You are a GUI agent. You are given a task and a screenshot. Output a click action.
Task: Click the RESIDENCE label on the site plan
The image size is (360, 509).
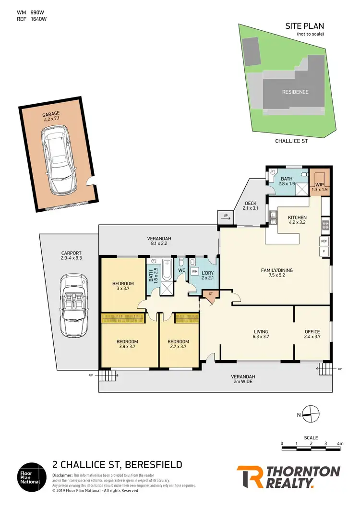(x=295, y=92)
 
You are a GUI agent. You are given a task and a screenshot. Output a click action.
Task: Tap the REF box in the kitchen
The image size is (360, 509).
(x=324, y=241)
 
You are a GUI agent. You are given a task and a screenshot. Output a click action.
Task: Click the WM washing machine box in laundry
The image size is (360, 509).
(x=194, y=272)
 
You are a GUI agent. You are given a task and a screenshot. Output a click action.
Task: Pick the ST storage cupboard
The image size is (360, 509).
(x=210, y=293)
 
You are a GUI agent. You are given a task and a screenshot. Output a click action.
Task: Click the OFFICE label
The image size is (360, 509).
(x=312, y=332)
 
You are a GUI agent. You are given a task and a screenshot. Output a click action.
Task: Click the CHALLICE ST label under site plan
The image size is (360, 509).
(x=291, y=141)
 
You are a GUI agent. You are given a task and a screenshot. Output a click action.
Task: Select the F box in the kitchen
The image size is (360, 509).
(x=324, y=251)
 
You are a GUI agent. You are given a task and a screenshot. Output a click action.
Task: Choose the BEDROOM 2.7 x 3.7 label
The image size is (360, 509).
(x=178, y=344)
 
